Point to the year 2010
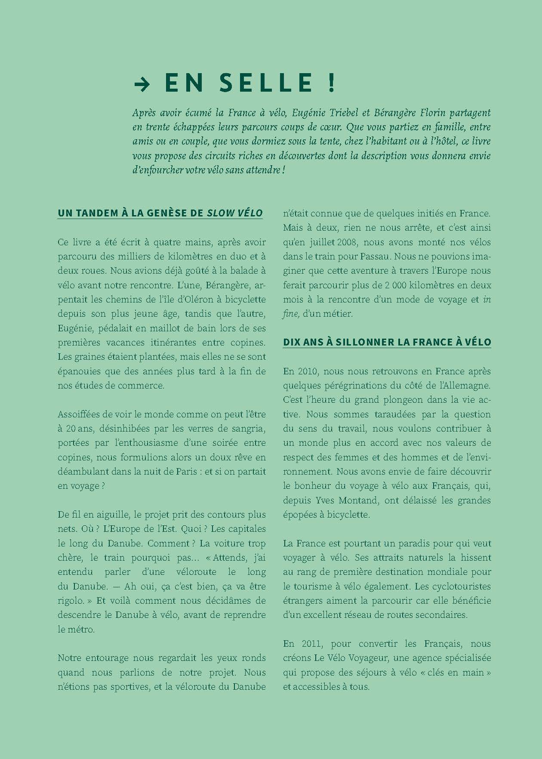point(306,371)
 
